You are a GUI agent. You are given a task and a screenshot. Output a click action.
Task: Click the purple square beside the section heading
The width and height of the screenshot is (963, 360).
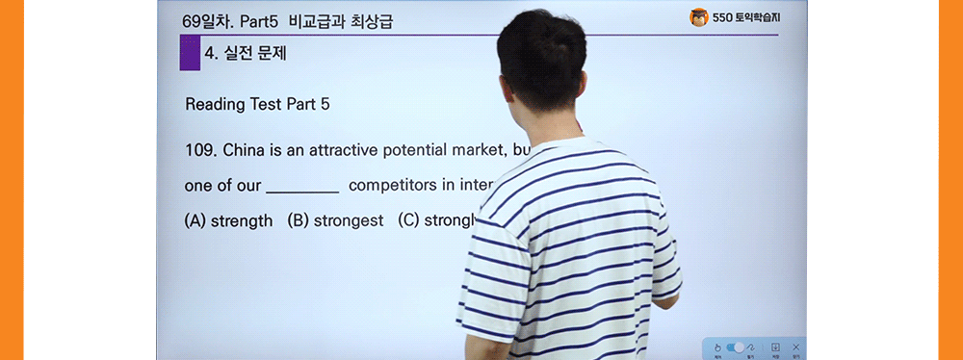pos(190,54)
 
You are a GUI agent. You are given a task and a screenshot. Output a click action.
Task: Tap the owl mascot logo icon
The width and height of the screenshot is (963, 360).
pos(698,18)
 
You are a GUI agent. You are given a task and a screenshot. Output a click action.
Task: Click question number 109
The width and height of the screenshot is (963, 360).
pos(199,151)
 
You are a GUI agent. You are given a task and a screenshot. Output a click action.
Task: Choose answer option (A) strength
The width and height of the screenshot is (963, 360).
pos(228,220)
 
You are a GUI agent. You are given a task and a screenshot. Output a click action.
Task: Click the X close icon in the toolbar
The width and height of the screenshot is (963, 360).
pos(796,347)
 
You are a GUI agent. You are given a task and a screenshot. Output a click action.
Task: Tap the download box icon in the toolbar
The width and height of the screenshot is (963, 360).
pos(776,347)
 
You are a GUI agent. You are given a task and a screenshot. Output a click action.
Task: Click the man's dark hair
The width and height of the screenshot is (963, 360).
pos(545,58)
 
